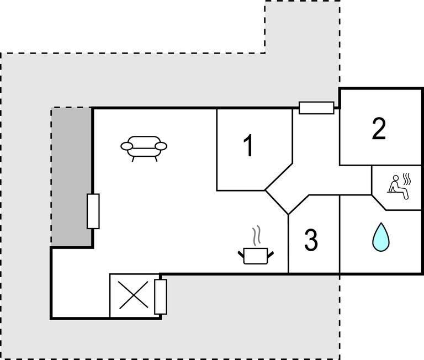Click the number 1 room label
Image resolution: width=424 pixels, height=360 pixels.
pyautogui.click(x=249, y=146)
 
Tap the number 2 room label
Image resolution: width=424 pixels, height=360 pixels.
pyautogui.click(x=379, y=129)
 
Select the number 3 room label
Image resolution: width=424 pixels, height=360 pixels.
pyautogui.click(x=311, y=240)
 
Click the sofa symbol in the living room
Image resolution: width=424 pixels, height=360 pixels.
pyautogui.click(x=144, y=147)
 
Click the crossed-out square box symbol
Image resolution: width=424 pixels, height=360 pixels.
pyautogui.click(x=135, y=295)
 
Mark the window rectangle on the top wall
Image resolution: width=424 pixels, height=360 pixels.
pyautogui.click(x=316, y=108)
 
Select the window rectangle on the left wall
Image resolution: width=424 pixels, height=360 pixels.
pyautogui.click(x=93, y=211)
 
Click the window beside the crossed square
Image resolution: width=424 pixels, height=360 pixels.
pyautogui.click(x=161, y=296)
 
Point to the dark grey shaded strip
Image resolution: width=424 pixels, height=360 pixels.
pyautogui.click(x=72, y=177)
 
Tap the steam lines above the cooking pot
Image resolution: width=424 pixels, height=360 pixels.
pyautogui.click(x=256, y=236)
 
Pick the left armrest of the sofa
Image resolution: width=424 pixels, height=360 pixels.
pyautogui.click(x=127, y=146)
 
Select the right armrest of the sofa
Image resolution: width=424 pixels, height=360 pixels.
pyautogui.click(x=161, y=146)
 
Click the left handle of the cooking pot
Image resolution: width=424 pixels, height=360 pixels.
pyautogui.click(x=241, y=254)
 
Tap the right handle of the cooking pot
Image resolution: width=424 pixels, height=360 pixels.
pyautogui.click(x=270, y=254)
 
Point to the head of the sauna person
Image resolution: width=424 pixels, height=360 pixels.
pyautogui.click(x=395, y=178)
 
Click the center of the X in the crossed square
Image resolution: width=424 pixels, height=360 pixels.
pyautogui.click(x=135, y=295)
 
